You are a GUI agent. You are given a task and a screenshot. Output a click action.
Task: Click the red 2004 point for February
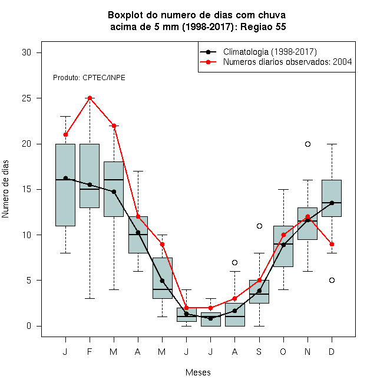[x=90, y=98]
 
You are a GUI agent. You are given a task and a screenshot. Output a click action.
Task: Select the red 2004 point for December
[x=332, y=245]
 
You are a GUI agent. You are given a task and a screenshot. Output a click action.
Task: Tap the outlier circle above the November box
[x=307, y=144]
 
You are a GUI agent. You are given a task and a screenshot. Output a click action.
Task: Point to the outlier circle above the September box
[x=259, y=226]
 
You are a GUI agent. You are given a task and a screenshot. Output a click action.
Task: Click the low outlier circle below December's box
[x=332, y=281]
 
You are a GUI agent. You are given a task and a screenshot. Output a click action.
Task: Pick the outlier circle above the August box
[x=234, y=262]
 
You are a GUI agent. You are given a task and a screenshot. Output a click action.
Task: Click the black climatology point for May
[x=162, y=281]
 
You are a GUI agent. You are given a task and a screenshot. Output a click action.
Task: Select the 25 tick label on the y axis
[x=27, y=98]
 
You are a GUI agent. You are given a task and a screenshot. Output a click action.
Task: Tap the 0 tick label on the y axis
[x=29, y=326]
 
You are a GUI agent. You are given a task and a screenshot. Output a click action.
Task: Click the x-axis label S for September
[x=259, y=351]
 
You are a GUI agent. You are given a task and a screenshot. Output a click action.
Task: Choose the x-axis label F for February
[x=90, y=351]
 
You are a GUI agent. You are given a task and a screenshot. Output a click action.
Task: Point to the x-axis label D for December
[x=332, y=351]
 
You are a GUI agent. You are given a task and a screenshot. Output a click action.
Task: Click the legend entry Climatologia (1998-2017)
[x=270, y=52]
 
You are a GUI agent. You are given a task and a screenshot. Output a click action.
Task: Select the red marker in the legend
[x=208, y=62]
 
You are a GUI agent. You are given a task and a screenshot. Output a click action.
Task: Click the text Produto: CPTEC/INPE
[x=89, y=78]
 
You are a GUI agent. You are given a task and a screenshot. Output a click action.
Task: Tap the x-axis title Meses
[x=198, y=372]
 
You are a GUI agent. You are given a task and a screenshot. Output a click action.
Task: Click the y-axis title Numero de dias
[x=5, y=189]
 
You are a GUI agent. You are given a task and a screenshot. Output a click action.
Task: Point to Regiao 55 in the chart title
[x=263, y=27]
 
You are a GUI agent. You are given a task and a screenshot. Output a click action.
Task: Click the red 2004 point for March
[x=114, y=126]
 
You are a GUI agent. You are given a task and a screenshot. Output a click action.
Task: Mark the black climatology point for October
[x=283, y=245]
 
